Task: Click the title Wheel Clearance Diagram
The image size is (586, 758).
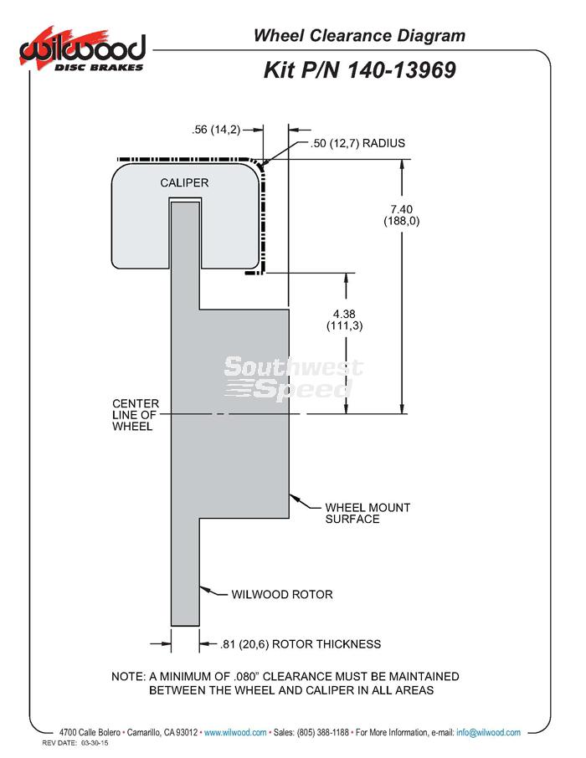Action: coord(359,35)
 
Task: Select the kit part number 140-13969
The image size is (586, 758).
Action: coord(401,70)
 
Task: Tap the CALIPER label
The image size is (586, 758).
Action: coord(184,182)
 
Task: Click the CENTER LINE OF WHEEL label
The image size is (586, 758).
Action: coord(136,415)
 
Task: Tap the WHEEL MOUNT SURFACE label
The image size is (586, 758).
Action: coord(368,514)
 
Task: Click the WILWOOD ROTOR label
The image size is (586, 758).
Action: coord(282,594)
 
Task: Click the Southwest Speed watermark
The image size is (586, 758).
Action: coord(293,378)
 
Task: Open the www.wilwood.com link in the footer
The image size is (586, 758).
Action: coord(235,732)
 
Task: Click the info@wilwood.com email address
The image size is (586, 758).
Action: coord(488,732)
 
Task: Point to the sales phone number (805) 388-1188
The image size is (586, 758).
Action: coord(323,732)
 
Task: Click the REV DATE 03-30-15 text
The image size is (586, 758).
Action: coord(75,743)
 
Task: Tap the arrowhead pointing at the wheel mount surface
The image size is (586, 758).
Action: coord(294,498)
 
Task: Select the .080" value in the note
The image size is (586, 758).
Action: coord(245,676)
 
